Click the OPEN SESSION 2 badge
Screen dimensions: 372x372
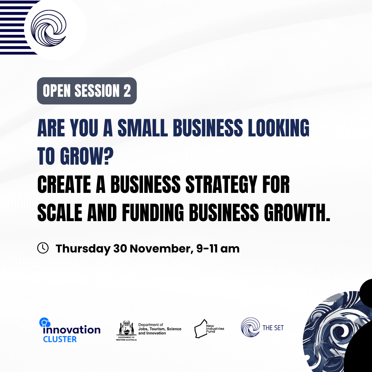[87, 91]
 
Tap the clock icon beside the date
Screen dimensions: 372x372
[43, 248]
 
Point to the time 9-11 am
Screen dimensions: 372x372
[218, 249]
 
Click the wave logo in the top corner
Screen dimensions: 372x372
[49, 28]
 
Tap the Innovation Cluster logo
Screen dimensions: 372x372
[70, 330]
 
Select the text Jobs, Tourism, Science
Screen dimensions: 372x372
[160, 329]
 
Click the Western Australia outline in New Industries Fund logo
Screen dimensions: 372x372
[201, 329]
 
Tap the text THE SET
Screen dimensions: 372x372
[273, 328]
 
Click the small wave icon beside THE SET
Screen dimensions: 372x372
[250, 327]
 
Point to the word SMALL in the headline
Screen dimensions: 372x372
[143, 128]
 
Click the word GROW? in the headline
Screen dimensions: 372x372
[87, 156]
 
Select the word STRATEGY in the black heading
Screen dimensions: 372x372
[221, 184]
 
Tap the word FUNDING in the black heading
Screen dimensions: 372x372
[153, 212]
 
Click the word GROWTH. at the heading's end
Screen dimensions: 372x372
[297, 212]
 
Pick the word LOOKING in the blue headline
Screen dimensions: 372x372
[279, 128]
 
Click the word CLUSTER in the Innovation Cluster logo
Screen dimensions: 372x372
[60, 339]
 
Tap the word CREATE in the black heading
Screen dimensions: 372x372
[64, 184]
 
